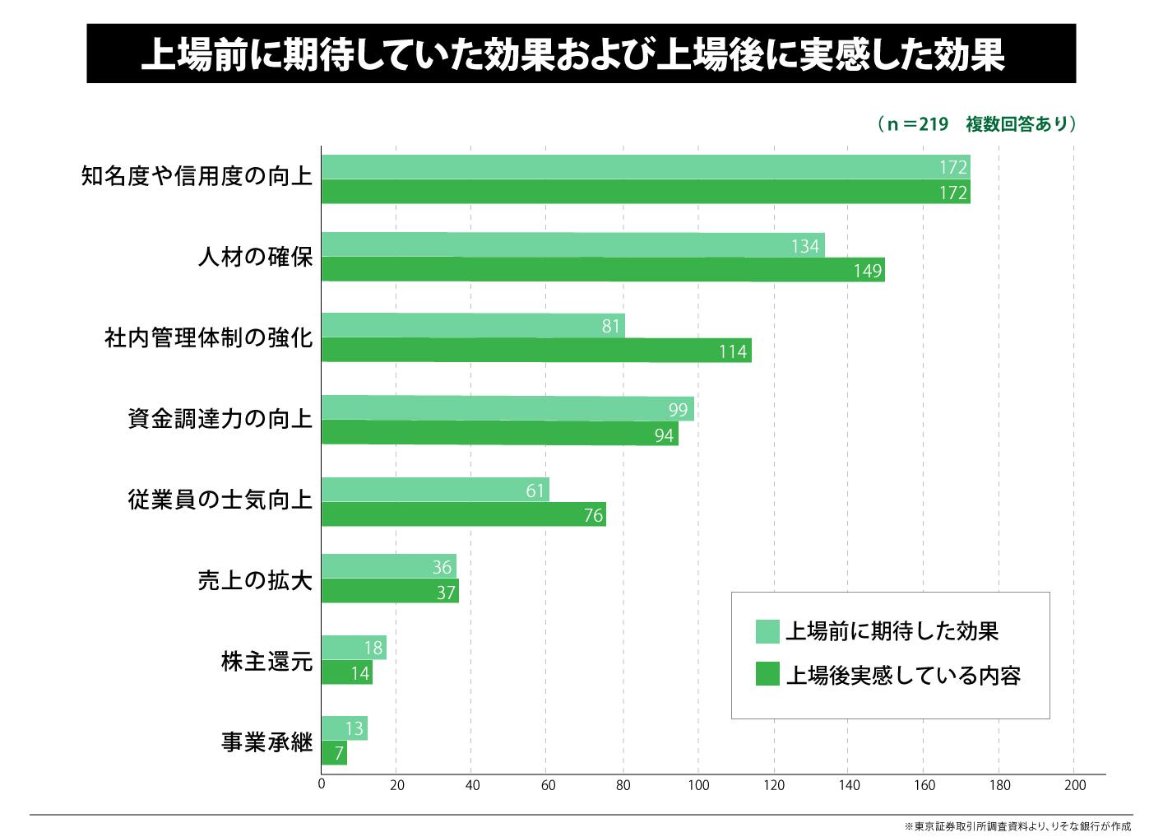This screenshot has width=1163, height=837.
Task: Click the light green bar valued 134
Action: point(572,245)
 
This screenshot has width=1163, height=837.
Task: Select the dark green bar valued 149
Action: point(602,270)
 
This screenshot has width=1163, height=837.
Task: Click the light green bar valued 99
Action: point(507,409)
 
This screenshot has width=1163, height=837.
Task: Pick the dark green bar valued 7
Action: point(334,753)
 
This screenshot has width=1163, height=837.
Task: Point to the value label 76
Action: point(594,517)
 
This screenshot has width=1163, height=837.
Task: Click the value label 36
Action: point(442,568)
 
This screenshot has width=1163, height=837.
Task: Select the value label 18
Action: point(373,649)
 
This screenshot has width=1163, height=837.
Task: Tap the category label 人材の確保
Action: point(255,257)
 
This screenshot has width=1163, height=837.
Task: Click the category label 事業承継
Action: point(266,742)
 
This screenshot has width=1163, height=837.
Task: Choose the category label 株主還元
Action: point(266,660)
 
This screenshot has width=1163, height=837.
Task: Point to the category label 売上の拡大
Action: point(255,580)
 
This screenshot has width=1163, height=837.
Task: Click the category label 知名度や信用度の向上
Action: point(197,176)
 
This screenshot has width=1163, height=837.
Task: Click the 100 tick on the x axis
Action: point(698,786)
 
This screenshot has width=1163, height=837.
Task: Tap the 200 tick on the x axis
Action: point(1074,786)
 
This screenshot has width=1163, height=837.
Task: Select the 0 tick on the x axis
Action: point(322,786)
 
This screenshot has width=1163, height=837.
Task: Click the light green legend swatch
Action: point(767,632)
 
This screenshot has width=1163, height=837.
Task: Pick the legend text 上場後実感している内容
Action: point(902,676)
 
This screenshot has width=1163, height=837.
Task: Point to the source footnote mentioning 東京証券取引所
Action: point(1017,825)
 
